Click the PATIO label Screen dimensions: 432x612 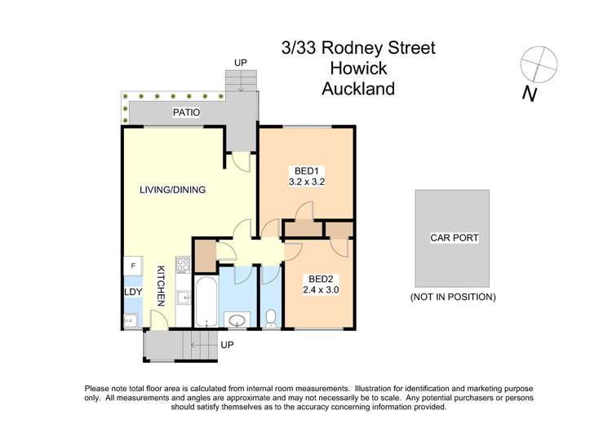186,112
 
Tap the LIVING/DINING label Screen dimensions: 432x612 172,190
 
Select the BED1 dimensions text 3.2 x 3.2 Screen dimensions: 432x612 307,183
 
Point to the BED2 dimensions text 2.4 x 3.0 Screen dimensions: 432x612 319,289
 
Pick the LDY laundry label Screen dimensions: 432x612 132,292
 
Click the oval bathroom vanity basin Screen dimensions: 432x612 237,320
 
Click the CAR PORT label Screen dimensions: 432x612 454,239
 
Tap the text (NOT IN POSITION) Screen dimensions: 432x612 453,298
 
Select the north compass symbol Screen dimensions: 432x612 538,65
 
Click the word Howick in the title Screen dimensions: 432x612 358,68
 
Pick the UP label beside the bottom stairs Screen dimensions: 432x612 228,346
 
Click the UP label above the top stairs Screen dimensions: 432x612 240,62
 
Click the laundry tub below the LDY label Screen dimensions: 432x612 131,320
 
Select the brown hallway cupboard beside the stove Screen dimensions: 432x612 205,254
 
